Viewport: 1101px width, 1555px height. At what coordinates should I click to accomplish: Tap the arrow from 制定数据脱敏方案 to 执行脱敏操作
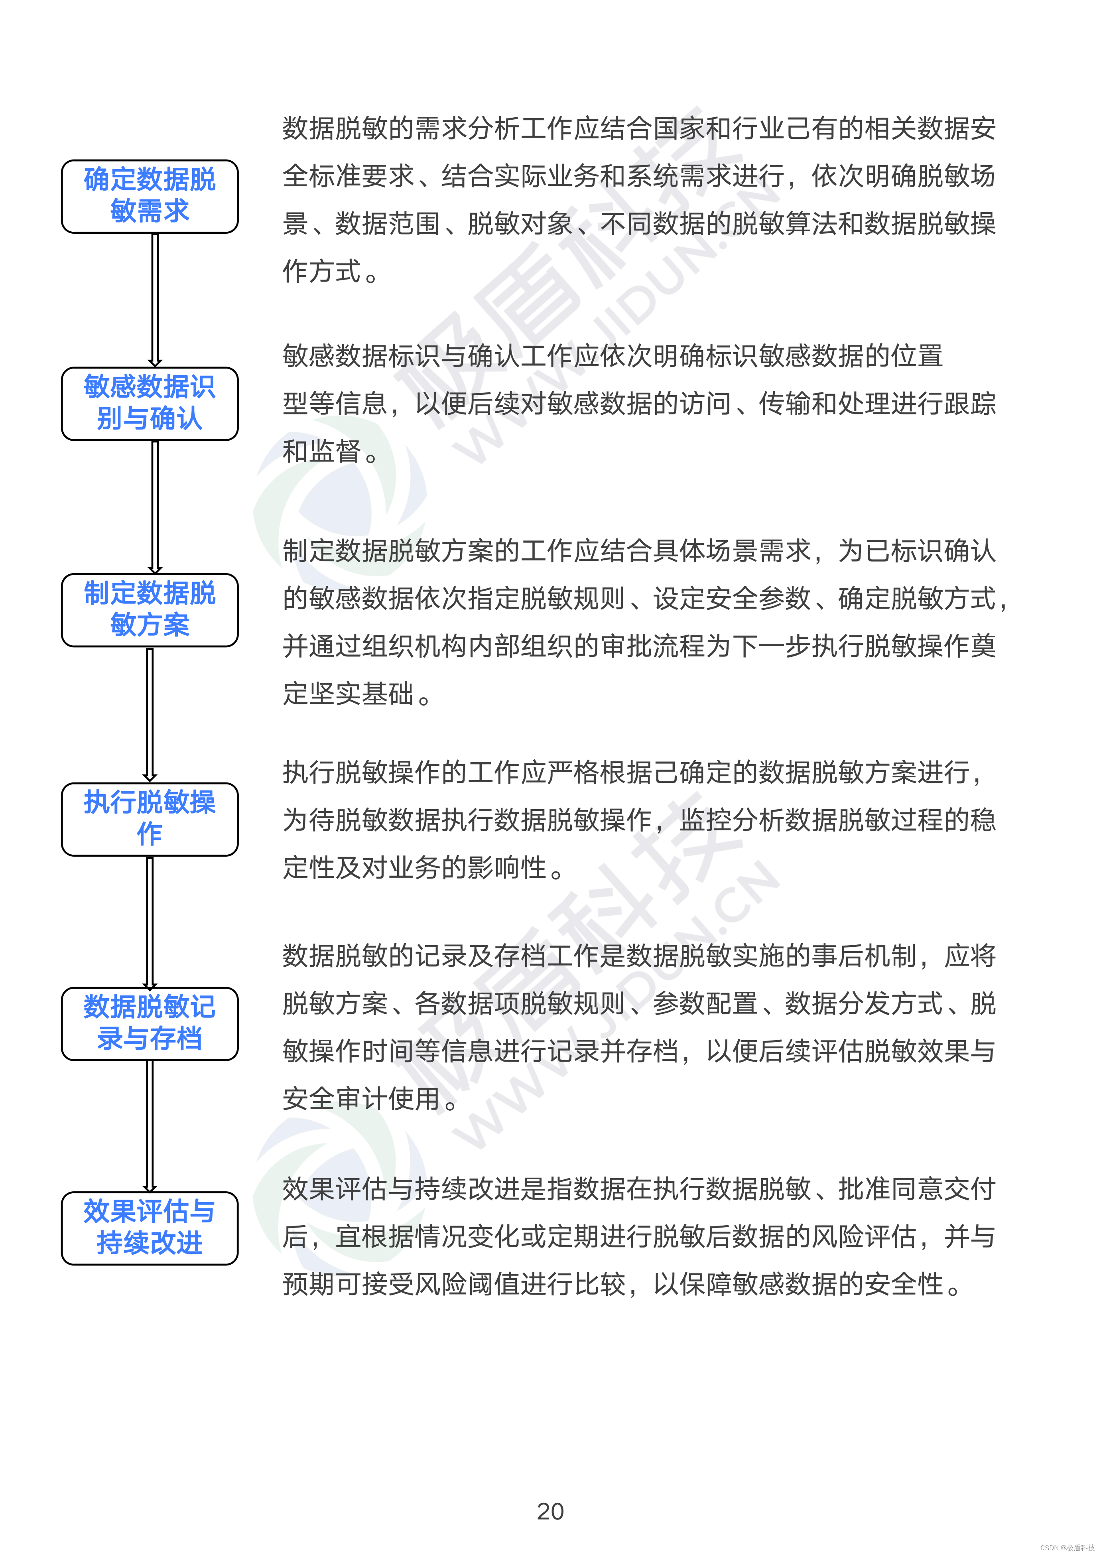(x=150, y=714)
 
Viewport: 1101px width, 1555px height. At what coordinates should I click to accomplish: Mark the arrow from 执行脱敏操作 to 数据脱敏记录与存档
(x=150, y=920)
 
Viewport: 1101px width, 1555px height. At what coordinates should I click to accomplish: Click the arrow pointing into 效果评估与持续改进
(x=150, y=1125)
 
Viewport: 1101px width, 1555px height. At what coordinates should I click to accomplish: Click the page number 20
(x=550, y=1511)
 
